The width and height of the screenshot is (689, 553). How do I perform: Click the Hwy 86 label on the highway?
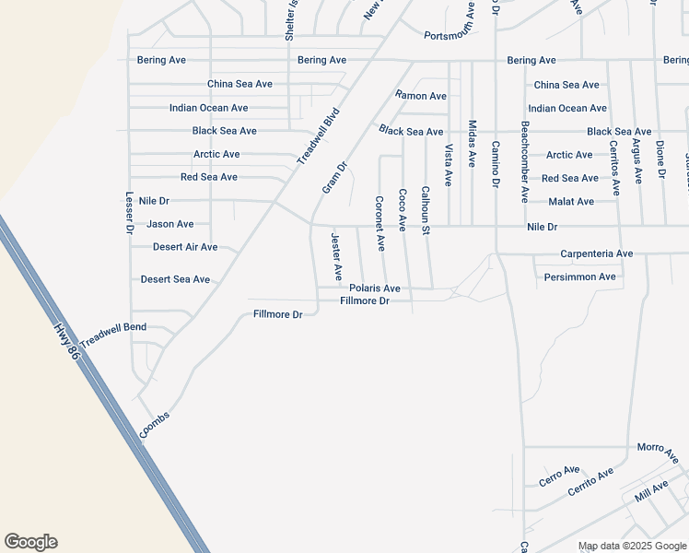click(67, 343)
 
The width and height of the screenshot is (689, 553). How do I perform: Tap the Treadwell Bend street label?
click(113, 335)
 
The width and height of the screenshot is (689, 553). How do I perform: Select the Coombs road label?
click(155, 424)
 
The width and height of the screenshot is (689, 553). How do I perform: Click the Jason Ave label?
click(170, 224)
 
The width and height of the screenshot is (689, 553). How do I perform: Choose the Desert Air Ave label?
click(185, 247)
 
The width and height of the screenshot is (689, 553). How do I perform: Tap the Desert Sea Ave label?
click(175, 279)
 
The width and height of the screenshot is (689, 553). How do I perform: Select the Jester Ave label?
click(336, 256)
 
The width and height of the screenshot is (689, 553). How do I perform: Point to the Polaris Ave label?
click(374, 288)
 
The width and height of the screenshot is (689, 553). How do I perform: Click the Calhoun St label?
click(426, 210)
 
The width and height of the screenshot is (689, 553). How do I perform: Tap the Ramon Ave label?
click(421, 96)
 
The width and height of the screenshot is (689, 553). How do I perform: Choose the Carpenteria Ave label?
click(597, 253)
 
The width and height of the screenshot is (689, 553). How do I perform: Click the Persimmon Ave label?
click(579, 276)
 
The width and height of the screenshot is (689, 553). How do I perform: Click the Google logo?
click(30, 542)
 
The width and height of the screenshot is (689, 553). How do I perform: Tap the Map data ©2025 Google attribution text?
click(632, 546)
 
